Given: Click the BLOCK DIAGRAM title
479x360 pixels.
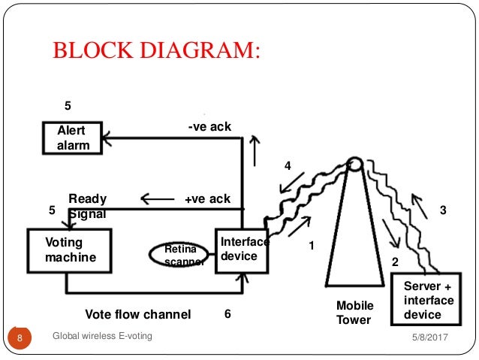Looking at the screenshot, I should pos(156,51).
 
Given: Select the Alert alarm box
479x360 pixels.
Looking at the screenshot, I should pos(72,138).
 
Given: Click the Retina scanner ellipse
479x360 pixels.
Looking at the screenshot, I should pos(178,255).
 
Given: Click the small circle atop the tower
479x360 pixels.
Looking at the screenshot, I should pos(354,164).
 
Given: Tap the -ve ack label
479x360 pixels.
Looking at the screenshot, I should pos(209,127).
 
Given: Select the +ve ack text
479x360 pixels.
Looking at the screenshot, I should pos(207,199).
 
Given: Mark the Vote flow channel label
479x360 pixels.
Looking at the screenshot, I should pos(137,314).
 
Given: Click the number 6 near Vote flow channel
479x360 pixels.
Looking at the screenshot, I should pos(227,314).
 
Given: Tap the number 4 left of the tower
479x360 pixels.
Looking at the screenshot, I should pos(287,165).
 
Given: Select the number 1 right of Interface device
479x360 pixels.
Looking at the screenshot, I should pos(312,245).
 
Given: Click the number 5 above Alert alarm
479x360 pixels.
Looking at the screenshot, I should pos(67,106).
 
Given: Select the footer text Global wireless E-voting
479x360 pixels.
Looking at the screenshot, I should pos(102,336).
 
